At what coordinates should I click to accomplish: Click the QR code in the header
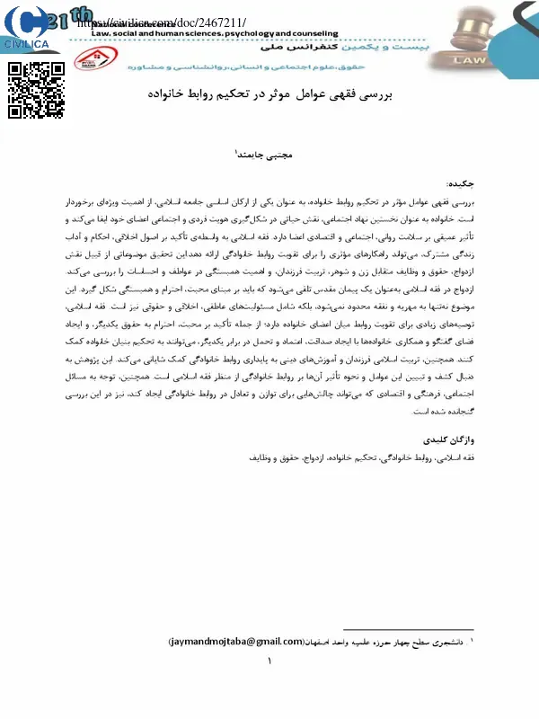click(36, 91)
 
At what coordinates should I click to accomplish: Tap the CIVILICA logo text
click(27, 43)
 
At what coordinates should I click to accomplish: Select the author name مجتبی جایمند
click(264, 154)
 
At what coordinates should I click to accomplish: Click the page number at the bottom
click(269, 662)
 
